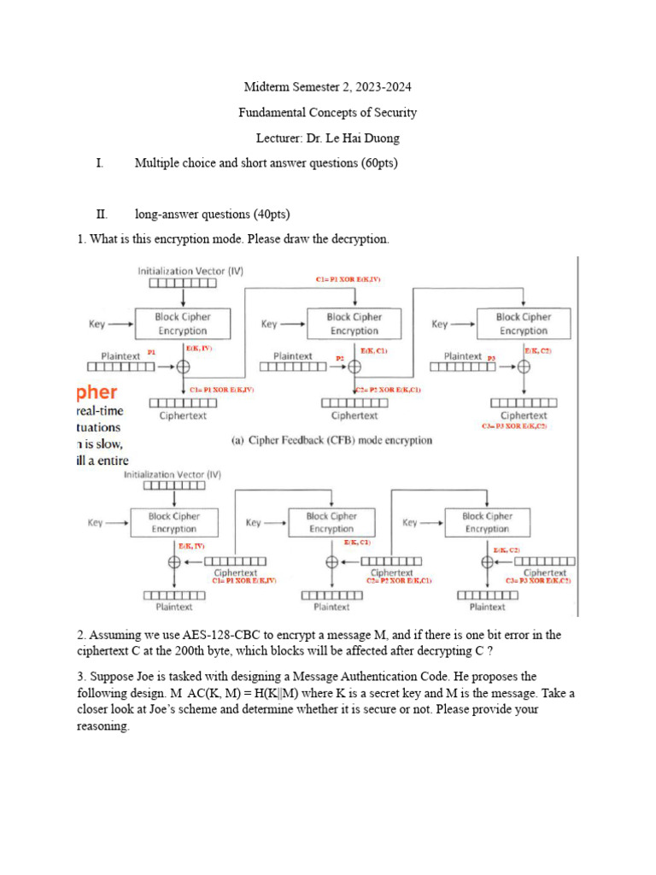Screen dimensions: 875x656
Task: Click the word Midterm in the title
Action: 267,87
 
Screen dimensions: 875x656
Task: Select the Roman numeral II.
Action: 102,214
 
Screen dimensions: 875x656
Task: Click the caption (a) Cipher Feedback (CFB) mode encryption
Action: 332,441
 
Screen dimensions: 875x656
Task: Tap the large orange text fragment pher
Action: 96,392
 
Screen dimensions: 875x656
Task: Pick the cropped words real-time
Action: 100,411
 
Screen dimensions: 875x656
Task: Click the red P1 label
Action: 151,352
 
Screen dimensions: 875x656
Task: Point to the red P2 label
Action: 339,358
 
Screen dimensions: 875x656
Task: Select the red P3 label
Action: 491,358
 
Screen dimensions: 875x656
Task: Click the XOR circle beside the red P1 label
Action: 183,366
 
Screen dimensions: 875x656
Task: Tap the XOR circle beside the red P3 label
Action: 524,366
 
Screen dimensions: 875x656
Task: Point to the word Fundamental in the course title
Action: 273,113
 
